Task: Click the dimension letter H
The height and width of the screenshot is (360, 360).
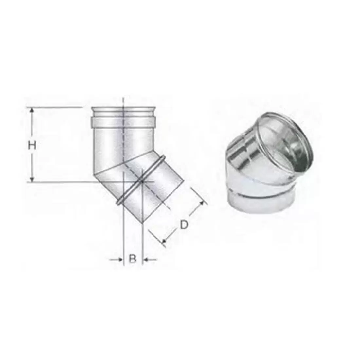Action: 32,145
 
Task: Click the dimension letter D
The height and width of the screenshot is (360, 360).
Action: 184,225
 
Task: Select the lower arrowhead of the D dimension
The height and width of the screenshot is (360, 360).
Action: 164,241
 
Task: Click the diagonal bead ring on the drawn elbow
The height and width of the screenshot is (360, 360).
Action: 141,180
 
